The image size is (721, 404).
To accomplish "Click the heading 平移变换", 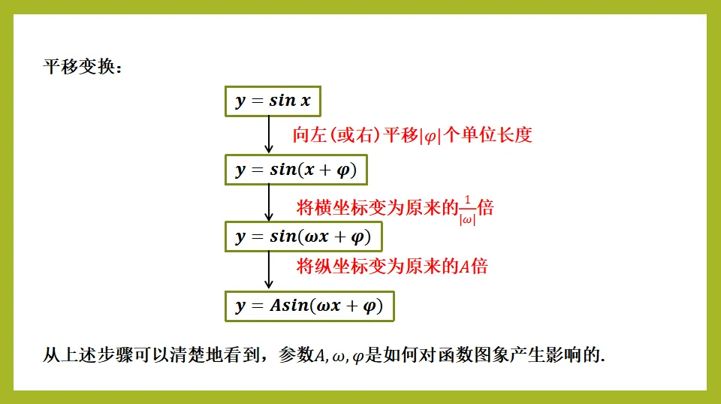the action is click(x=79, y=67).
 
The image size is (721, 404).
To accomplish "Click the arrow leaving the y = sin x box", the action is click(x=269, y=134).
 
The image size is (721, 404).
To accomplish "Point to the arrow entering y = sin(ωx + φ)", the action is click(x=269, y=203).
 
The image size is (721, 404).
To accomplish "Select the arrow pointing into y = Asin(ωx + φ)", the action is click(x=269, y=270).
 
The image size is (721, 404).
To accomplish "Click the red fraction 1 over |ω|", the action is click(x=467, y=210).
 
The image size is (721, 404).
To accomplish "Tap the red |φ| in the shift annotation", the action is click(x=430, y=136).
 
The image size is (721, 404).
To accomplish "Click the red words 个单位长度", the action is click(x=487, y=135).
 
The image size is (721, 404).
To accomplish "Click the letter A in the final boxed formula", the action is click(x=276, y=305).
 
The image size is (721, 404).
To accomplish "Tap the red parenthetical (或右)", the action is click(x=355, y=135).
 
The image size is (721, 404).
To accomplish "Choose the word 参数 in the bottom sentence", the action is click(x=296, y=355).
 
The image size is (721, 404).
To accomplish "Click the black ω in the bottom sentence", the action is click(x=339, y=357).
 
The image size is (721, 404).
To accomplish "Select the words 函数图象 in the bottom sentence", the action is click(x=472, y=355).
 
